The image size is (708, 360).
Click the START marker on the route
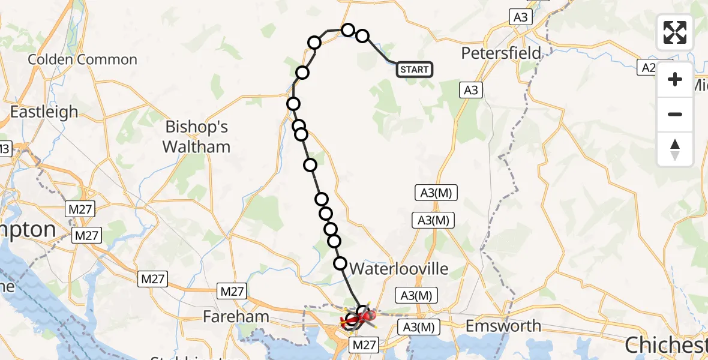tap(414, 70)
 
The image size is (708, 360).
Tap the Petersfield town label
tap(501, 53)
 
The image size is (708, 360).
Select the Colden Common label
tap(83, 59)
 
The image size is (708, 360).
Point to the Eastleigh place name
tap(44, 112)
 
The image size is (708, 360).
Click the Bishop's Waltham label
tap(197, 137)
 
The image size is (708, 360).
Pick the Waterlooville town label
tap(399, 269)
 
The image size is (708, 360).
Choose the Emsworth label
tap(503, 326)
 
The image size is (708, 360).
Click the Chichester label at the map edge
tap(666, 344)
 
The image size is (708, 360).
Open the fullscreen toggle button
tap(675, 32)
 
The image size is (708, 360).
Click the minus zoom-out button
tap(675, 114)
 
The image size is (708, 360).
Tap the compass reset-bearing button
tap(675, 149)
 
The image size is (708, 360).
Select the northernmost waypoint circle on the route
tap(348, 29)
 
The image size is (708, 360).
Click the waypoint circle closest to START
tap(362, 36)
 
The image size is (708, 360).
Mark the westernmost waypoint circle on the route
tap(293, 104)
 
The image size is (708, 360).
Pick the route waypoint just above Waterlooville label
tap(340, 263)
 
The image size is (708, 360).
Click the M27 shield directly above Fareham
tap(232, 292)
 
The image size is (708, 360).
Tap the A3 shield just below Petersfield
tap(471, 90)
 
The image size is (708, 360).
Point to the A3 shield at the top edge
tap(520, 17)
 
